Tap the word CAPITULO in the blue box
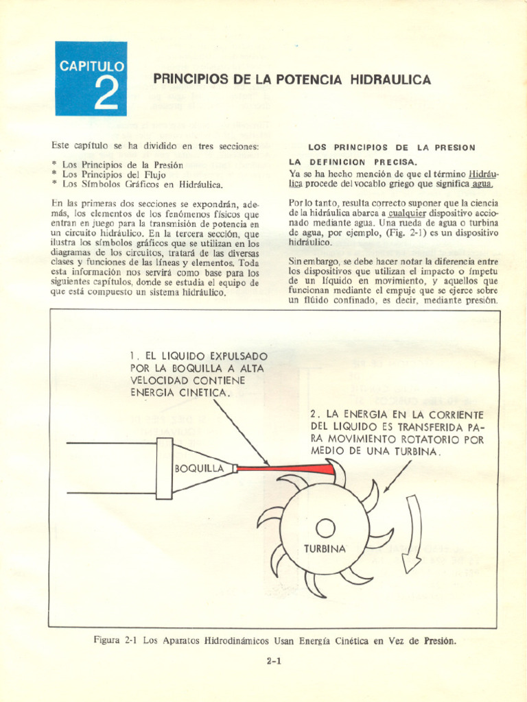tap(91, 67)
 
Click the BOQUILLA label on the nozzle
tap(200, 469)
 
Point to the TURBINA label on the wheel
tap(325, 549)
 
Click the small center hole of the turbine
tap(325, 527)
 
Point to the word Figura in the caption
tap(107, 641)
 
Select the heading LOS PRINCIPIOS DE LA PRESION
tap(392, 147)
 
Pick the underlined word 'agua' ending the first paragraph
tap(482, 184)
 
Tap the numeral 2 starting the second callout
tap(314, 415)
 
